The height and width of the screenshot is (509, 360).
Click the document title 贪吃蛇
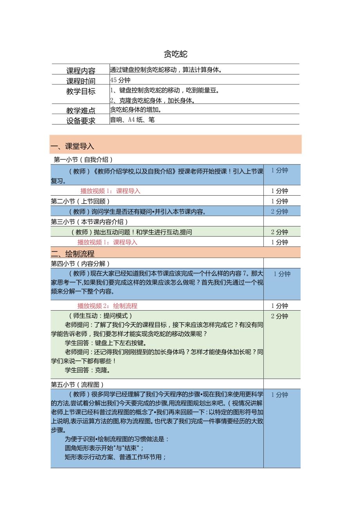coord(176,54)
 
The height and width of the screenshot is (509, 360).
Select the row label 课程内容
coord(81,71)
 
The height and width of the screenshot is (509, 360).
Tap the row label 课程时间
coord(81,81)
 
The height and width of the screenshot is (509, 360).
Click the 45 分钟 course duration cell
coord(121,80)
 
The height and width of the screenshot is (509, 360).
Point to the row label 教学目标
coord(81,92)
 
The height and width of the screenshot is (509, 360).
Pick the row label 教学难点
coord(81,111)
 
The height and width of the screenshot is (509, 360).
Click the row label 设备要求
coord(81,121)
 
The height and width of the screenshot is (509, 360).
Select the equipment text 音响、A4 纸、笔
coord(132,120)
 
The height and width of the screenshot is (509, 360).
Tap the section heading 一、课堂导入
coord(72,146)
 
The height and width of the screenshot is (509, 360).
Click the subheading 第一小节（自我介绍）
coord(83,160)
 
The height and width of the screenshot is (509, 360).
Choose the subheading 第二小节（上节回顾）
coord(81,201)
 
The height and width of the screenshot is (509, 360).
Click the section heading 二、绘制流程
coord(72,254)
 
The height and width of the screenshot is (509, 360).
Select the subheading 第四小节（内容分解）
coord(81,264)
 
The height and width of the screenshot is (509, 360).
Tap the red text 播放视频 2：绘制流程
coord(107,306)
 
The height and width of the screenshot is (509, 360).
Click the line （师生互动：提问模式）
coord(100,316)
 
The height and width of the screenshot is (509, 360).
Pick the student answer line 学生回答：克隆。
coord(88,370)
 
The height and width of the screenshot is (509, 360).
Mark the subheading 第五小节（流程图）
coord(77,385)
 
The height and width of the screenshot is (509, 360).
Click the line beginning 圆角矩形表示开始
coord(104,448)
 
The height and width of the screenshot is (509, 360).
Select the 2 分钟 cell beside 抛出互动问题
coord(279,232)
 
